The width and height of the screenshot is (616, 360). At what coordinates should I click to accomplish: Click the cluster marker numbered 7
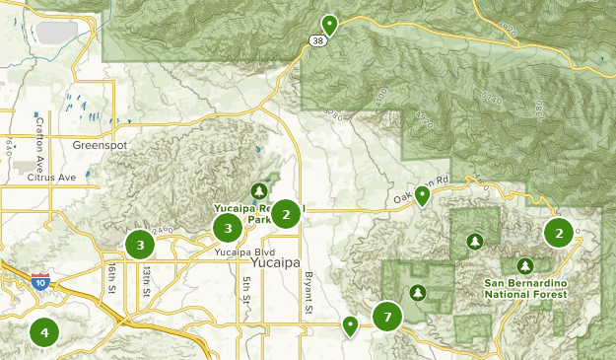pyautogui.click(x=387, y=317)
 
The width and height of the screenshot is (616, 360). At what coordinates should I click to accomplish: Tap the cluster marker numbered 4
pyautogui.click(x=43, y=331)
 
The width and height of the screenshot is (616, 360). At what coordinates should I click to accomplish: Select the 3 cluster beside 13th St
pyautogui.click(x=140, y=244)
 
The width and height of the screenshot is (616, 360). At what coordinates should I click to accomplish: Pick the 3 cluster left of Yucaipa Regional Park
pyautogui.click(x=228, y=228)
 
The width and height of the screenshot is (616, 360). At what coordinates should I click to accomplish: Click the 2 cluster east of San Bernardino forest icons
pyautogui.click(x=559, y=233)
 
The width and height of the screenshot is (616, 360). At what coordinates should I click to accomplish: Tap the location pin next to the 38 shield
pyautogui.click(x=329, y=25)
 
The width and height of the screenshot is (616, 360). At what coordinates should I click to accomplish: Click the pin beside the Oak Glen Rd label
pyautogui.click(x=422, y=195)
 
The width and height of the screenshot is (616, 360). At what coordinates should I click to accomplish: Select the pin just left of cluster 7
pyautogui.click(x=350, y=324)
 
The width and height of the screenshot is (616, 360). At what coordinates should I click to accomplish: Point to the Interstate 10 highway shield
pyautogui.click(x=40, y=282)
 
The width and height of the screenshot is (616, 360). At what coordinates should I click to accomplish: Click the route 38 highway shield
pyautogui.click(x=314, y=41)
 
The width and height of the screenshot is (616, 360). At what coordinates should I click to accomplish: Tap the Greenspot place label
pyautogui.click(x=101, y=144)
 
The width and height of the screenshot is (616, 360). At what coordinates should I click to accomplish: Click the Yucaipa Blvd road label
pyautogui.click(x=237, y=252)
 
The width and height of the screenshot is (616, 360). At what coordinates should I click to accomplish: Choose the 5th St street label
pyautogui.click(x=245, y=292)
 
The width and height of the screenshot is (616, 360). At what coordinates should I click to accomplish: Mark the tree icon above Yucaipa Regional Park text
pyautogui.click(x=259, y=190)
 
